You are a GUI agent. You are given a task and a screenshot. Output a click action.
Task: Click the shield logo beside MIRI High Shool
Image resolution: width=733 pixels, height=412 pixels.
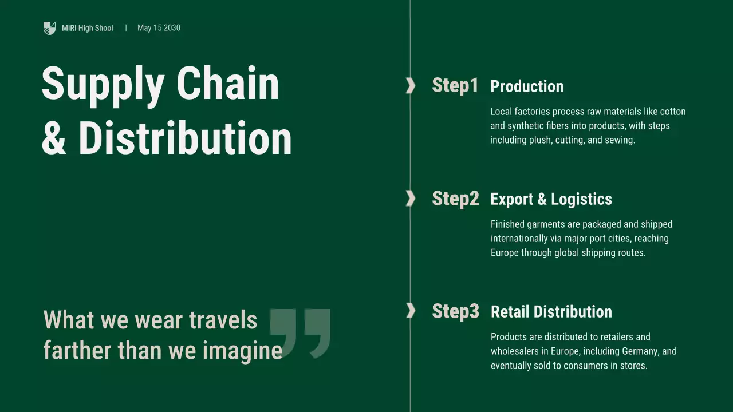click(x=49, y=28)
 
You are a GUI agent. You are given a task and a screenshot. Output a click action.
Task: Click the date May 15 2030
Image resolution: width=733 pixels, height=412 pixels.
click(x=159, y=28)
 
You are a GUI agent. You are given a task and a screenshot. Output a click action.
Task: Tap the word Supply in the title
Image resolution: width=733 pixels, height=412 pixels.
click(x=103, y=84)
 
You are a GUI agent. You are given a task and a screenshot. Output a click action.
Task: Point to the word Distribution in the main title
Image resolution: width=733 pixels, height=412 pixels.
click(x=185, y=138)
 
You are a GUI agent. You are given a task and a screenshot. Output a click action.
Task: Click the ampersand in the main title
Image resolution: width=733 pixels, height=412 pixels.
click(x=54, y=139)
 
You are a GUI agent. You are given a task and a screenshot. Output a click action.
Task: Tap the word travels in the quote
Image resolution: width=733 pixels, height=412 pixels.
click(x=223, y=320)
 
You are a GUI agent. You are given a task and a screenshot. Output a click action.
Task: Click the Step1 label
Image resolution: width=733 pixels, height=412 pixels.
click(x=455, y=85)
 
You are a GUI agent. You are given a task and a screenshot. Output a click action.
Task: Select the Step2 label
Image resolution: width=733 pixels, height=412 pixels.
click(x=455, y=199)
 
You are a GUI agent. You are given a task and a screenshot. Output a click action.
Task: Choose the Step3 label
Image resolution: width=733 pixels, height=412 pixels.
click(x=455, y=311)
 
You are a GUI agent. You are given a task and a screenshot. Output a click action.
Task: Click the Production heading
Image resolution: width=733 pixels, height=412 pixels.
click(x=527, y=86)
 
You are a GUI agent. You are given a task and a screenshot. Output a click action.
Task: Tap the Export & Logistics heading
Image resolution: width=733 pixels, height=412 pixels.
click(x=551, y=199)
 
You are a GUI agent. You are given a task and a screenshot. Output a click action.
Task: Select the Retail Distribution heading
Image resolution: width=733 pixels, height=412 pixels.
click(x=551, y=312)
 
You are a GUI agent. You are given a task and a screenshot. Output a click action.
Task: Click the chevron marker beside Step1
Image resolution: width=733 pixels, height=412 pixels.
click(x=411, y=85)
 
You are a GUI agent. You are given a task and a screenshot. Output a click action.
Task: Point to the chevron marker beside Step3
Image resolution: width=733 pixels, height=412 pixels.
click(x=411, y=311)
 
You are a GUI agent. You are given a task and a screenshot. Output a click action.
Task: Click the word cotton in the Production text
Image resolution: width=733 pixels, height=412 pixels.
click(x=673, y=112)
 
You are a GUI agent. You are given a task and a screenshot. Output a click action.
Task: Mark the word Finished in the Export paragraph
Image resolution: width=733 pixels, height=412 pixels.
click(x=507, y=224)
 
